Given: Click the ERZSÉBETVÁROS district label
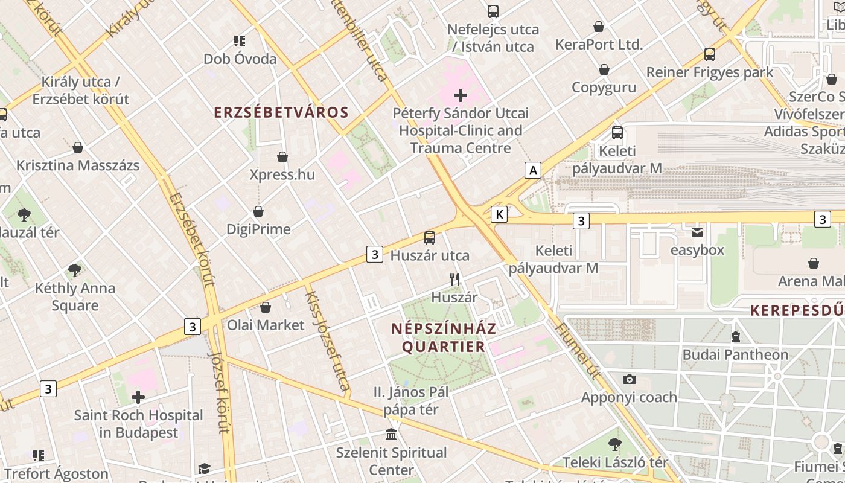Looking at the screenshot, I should tap(282, 112).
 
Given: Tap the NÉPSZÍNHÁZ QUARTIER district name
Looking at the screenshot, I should tap(444, 337).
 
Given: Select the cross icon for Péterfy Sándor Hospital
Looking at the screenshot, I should tap(461, 95).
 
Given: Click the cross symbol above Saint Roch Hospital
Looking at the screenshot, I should tap(138, 397).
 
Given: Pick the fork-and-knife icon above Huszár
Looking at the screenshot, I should tap(454, 279).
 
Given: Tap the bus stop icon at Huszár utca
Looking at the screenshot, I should tap(430, 237).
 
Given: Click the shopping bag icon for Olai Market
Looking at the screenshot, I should tap(266, 307).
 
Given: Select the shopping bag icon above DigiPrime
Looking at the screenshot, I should tap(258, 211).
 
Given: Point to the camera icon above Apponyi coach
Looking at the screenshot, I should tap(630, 379).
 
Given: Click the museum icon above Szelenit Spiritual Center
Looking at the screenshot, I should tap(391, 434).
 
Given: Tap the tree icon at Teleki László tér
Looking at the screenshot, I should tap(614, 444).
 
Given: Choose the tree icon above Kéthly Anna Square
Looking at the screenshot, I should tap(75, 270).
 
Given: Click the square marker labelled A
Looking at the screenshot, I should tap(533, 171).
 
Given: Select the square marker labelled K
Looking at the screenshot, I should tap(499, 214).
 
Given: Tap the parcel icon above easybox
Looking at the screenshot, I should tap(697, 232).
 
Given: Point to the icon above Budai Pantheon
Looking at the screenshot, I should tap(735, 336).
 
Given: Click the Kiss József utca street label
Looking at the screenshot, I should tap(328, 341).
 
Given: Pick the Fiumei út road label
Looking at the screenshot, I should tap(578, 350).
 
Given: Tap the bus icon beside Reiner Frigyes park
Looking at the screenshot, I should tap(710, 54).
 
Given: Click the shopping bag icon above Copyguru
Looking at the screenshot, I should tap(604, 69).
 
